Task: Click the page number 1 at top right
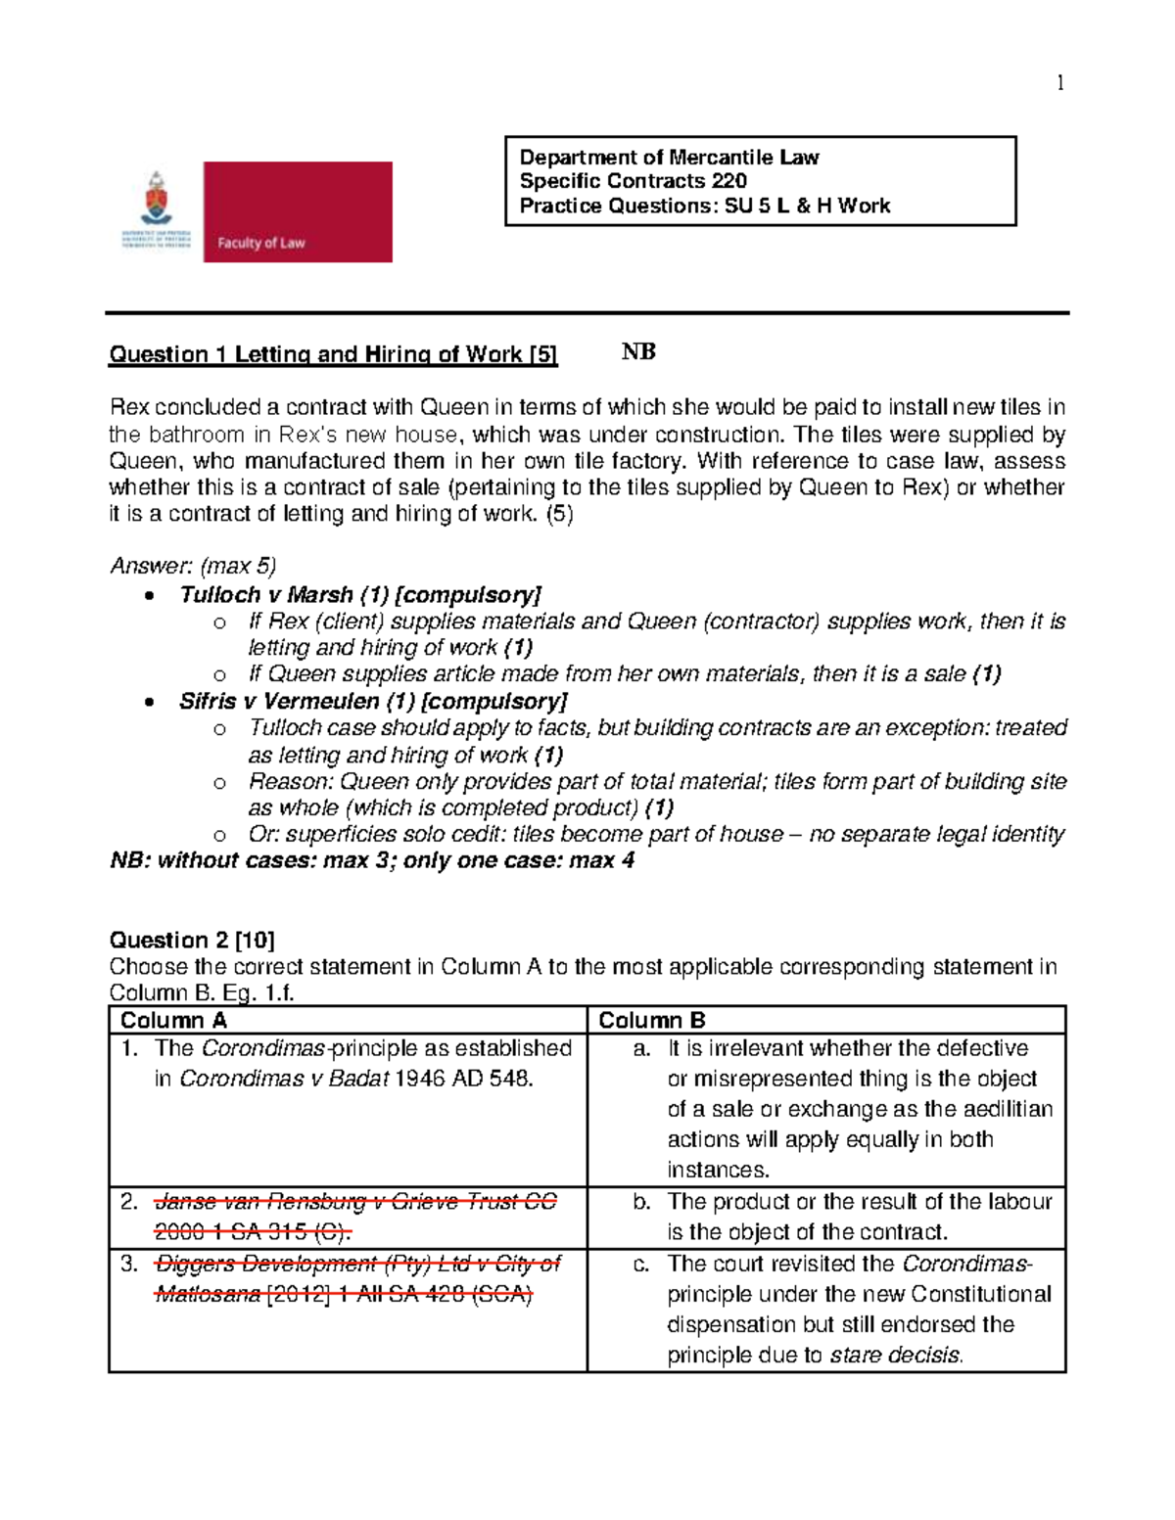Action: [x=1059, y=83]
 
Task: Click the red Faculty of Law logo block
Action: [x=298, y=211]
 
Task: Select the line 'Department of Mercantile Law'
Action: [x=669, y=158]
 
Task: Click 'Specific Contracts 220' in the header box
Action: [x=633, y=181]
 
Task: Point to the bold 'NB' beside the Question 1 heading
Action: [x=638, y=352]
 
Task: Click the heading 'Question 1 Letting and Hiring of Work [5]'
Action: [x=333, y=354]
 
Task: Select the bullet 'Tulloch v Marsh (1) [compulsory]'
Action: [x=359, y=595]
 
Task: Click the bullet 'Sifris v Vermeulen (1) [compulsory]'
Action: [x=373, y=702]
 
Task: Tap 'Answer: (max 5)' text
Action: [x=193, y=566]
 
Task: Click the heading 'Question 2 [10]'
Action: [x=192, y=941]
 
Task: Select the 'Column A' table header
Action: [x=173, y=1020]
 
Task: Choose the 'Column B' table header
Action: [x=651, y=1020]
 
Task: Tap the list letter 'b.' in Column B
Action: [x=641, y=1202]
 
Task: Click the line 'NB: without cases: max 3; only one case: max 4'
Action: [x=372, y=861]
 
